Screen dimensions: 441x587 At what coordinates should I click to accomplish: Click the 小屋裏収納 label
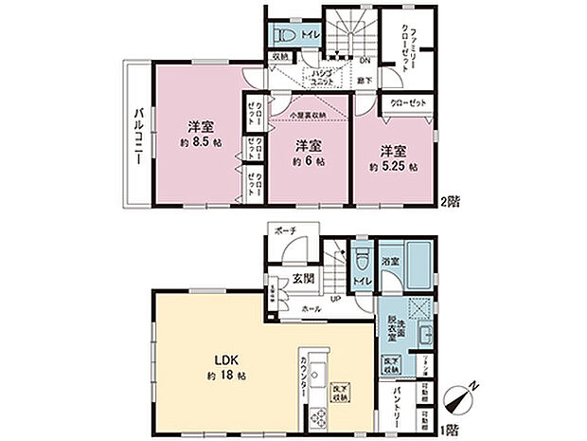coord(309,116)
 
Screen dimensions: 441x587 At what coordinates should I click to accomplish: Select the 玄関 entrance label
coord(303,278)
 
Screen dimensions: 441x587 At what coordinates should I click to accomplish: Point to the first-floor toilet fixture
coord(362,260)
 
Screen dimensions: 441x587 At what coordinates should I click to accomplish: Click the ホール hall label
coord(309,309)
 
